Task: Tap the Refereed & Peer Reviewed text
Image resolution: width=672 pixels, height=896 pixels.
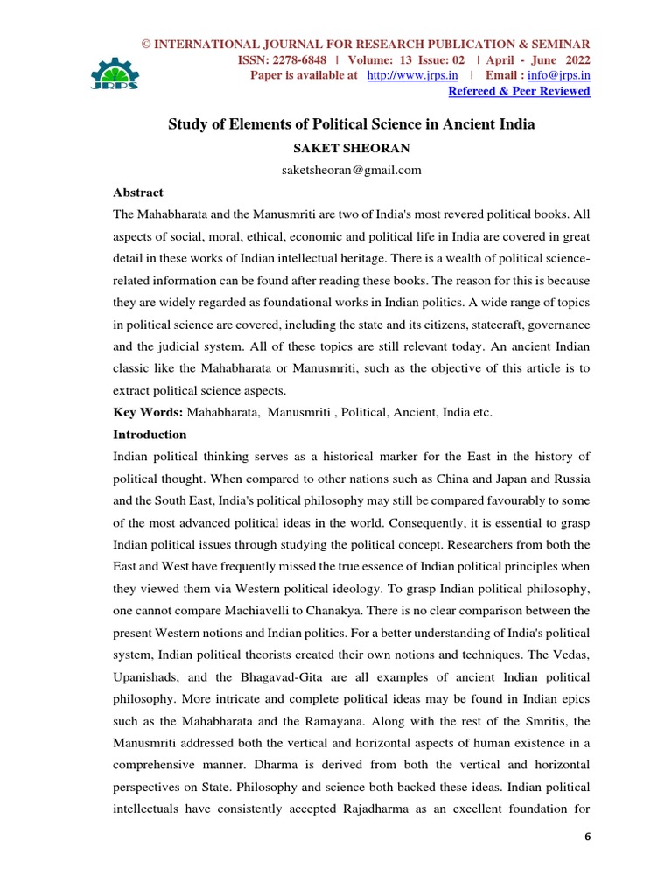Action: (519, 91)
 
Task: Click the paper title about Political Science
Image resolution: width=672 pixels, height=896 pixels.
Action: (351, 124)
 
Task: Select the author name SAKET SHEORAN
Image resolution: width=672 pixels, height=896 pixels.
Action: (339, 148)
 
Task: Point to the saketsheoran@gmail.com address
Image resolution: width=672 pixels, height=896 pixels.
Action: (339, 170)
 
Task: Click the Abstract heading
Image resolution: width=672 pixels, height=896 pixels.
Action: (138, 192)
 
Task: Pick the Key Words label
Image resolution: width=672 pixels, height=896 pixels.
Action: (149, 411)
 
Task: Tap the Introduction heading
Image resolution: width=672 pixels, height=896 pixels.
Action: (150, 434)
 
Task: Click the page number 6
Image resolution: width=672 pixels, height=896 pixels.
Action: (588, 837)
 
